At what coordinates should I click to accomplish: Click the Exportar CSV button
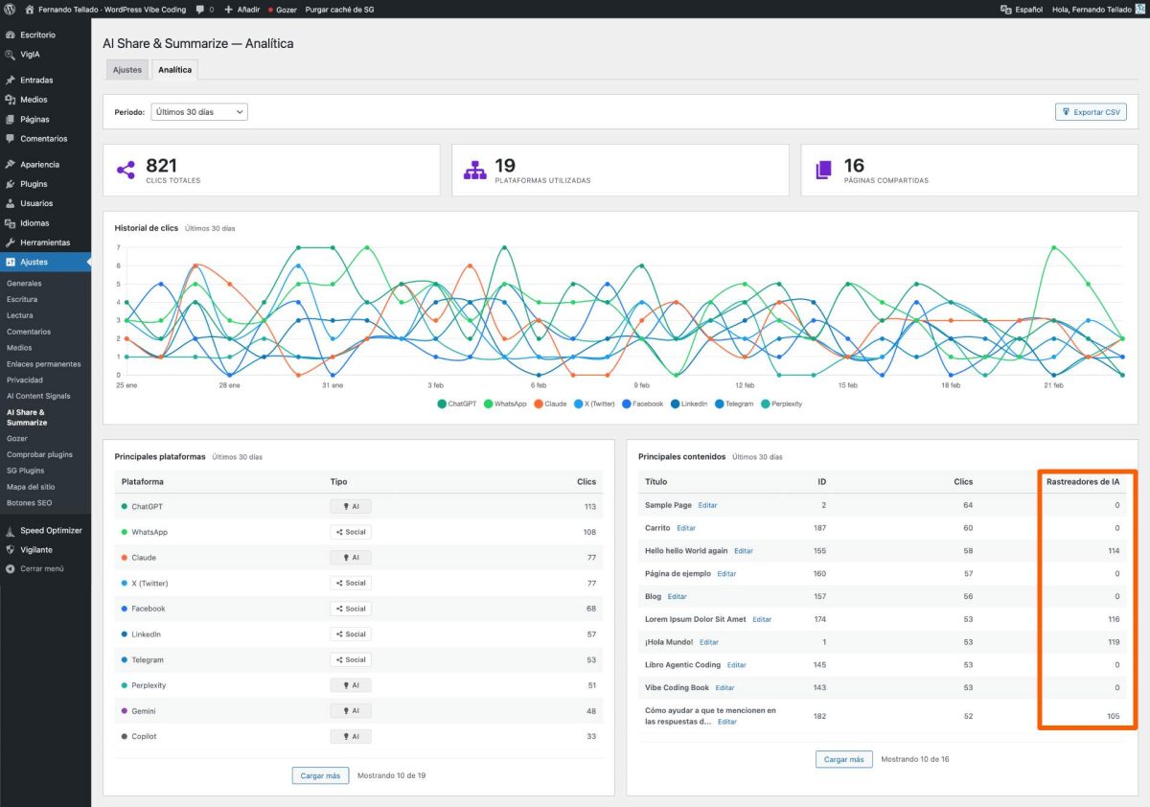coord(1091,112)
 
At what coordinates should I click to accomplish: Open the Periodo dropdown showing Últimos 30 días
coord(199,112)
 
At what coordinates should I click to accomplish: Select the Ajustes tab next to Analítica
coord(126,70)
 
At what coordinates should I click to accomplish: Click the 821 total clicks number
coord(161,165)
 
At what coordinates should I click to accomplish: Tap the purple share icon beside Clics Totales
coord(126,170)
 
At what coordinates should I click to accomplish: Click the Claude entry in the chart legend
coord(550,404)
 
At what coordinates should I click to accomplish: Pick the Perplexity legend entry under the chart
coord(781,404)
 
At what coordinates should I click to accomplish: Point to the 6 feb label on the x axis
coord(539,385)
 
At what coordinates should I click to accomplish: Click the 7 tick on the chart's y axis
coord(119,247)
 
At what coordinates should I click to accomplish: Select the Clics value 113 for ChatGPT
coord(590,507)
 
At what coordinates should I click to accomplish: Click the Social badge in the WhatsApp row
coord(351,532)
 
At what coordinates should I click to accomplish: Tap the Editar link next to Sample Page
coord(707,505)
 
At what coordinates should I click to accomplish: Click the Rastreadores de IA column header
coord(1083,481)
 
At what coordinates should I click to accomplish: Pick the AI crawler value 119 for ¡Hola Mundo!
coord(1114,642)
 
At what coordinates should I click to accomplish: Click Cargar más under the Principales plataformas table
coord(320,775)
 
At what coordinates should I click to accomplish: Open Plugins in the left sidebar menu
coord(34,184)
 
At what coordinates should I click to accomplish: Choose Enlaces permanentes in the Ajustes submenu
coord(44,364)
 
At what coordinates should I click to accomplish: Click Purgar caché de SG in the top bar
coord(339,10)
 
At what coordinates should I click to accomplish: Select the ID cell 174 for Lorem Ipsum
coord(820,619)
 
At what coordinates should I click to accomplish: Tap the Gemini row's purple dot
coord(125,711)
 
